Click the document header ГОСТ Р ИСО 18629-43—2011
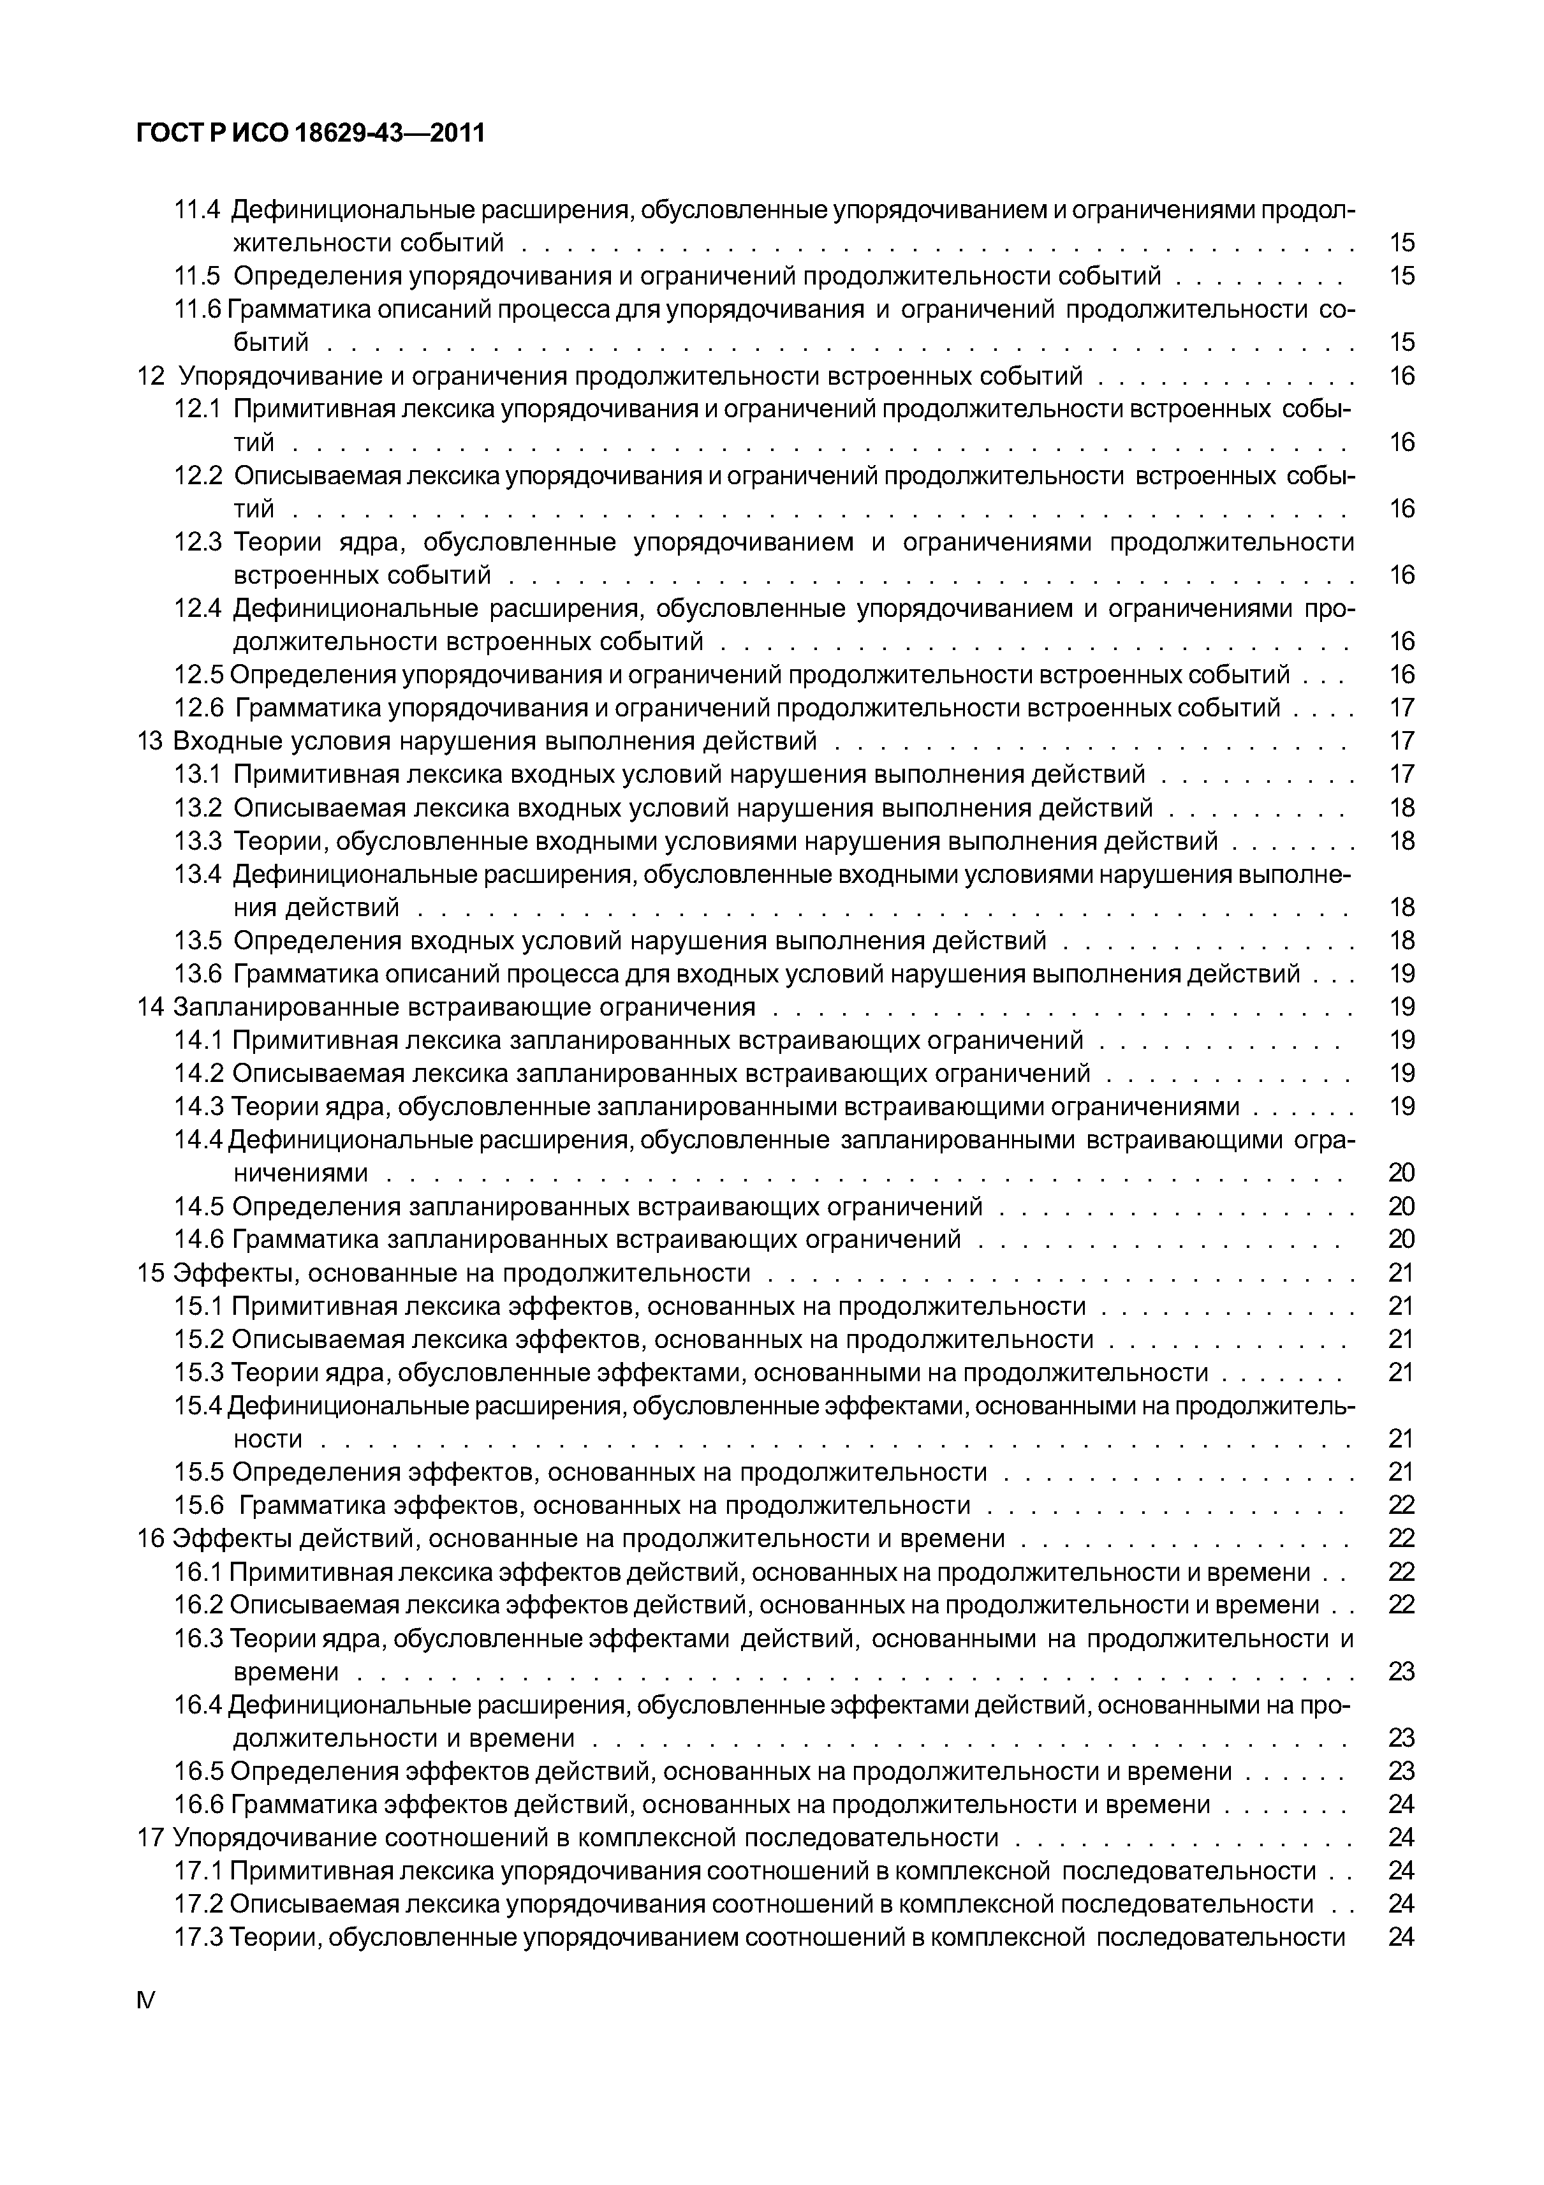310,134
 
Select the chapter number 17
151,1838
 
